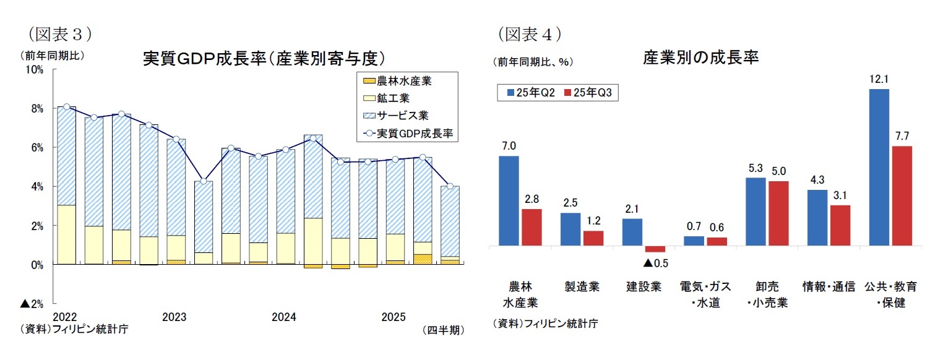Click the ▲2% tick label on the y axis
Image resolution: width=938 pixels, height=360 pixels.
tap(32, 304)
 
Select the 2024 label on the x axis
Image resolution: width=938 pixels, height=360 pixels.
tap(284, 318)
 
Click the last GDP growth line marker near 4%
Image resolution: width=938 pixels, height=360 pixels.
tap(450, 186)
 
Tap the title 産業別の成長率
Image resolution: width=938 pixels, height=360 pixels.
tap(700, 58)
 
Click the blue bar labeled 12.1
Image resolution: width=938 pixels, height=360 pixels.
tap(879, 167)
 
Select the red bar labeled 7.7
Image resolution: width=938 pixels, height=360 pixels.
tap(901, 195)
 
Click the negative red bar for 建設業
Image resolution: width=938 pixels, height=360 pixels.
tap(655, 249)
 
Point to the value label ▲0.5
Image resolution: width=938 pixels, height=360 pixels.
tap(655, 263)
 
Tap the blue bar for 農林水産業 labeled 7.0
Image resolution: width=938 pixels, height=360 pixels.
tap(509, 200)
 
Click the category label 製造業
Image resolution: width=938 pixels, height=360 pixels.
tap(582, 286)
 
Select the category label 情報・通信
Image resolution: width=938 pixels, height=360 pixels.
tap(828, 286)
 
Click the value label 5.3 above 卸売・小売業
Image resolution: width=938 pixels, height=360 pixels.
tap(755, 168)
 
